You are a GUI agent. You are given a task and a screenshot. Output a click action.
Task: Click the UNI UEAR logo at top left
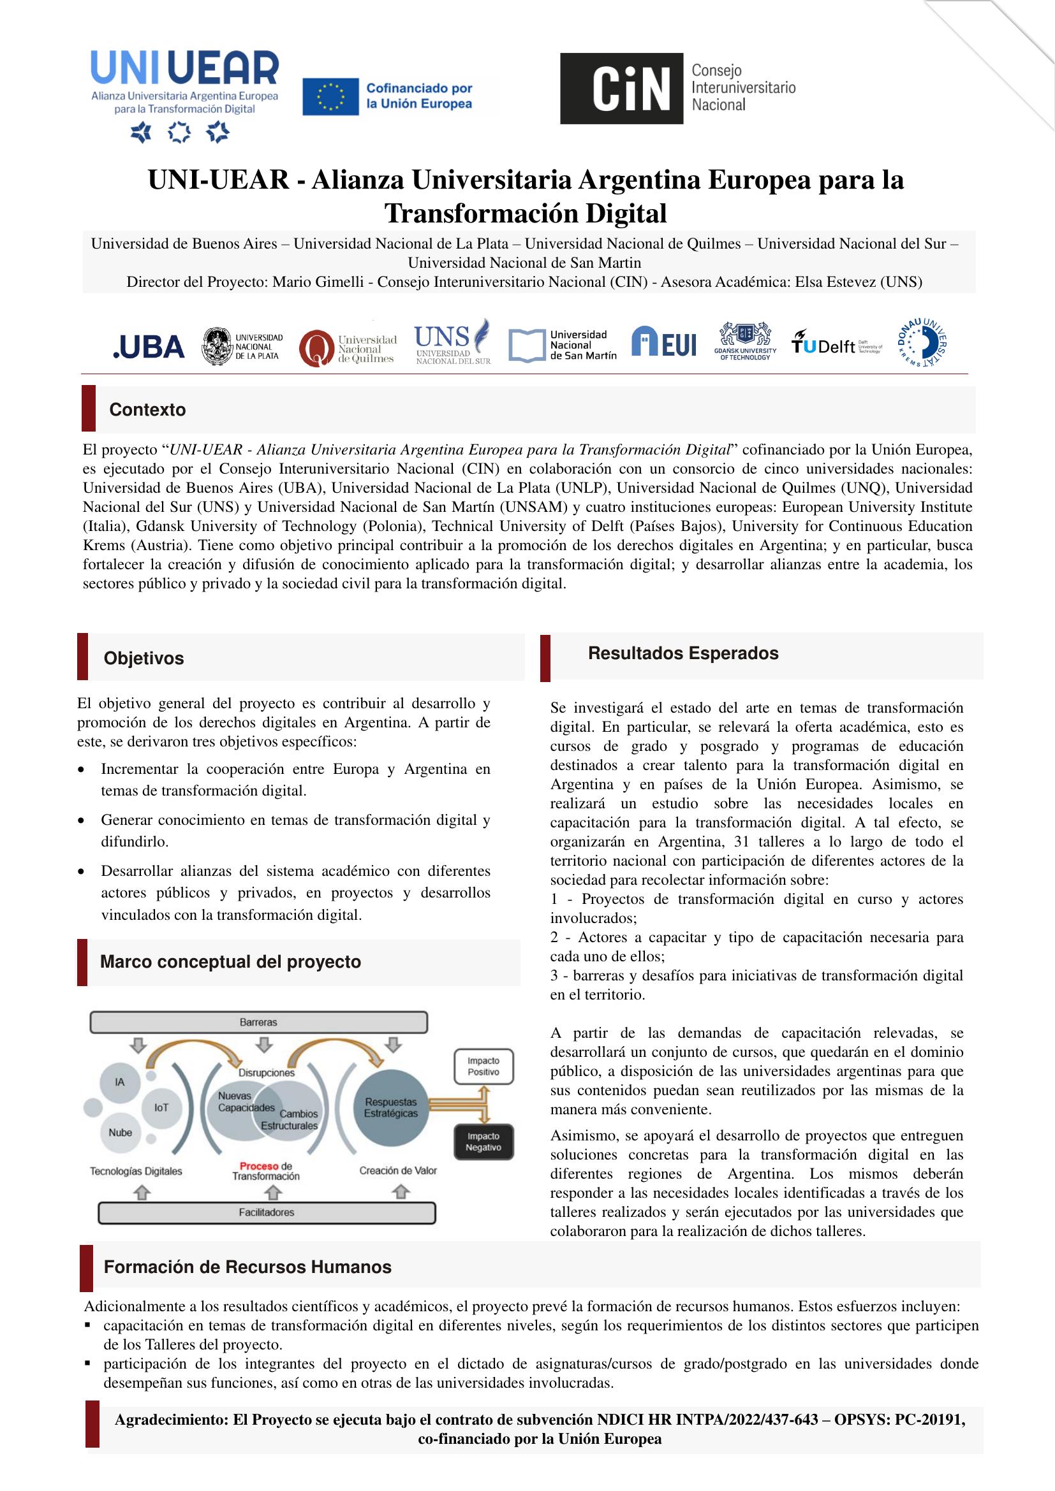[x=184, y=84]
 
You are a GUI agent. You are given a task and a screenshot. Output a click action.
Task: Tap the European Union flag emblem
[x=330, y=98]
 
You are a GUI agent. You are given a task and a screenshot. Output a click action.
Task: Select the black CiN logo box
[x=621, y=89]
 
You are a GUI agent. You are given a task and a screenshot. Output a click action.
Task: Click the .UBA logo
[x=149, y=347]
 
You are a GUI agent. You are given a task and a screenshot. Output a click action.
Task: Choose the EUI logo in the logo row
[x=663, y=342]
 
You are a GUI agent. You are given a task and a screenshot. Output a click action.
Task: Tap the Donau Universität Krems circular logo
[x=922, y=342]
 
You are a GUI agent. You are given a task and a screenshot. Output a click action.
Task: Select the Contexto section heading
[x=147, y=410]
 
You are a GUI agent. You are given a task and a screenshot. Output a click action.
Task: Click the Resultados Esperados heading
[x=682, y=653]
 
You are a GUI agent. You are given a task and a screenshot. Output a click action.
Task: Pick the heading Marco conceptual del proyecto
[x=231, y=962]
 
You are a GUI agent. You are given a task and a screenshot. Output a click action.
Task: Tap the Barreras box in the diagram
[x=258, y=1022]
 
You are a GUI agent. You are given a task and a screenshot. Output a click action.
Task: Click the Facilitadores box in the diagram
[x=267, y=1212]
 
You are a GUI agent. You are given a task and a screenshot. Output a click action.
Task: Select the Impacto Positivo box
[x=483, y=1066]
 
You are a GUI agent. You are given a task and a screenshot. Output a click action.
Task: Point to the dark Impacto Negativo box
[x=483, y=1142]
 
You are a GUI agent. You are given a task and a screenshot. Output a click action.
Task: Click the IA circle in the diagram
[x=119, y=1082]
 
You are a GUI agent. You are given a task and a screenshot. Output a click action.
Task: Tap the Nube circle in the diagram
[x=120, y=1133]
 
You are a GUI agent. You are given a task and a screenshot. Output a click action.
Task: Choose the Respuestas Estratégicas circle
[x=390, y=1107]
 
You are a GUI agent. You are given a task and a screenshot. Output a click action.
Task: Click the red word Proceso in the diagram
[x=259, y=1166]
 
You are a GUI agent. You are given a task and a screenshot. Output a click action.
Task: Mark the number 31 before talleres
[x=741, y=841]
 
